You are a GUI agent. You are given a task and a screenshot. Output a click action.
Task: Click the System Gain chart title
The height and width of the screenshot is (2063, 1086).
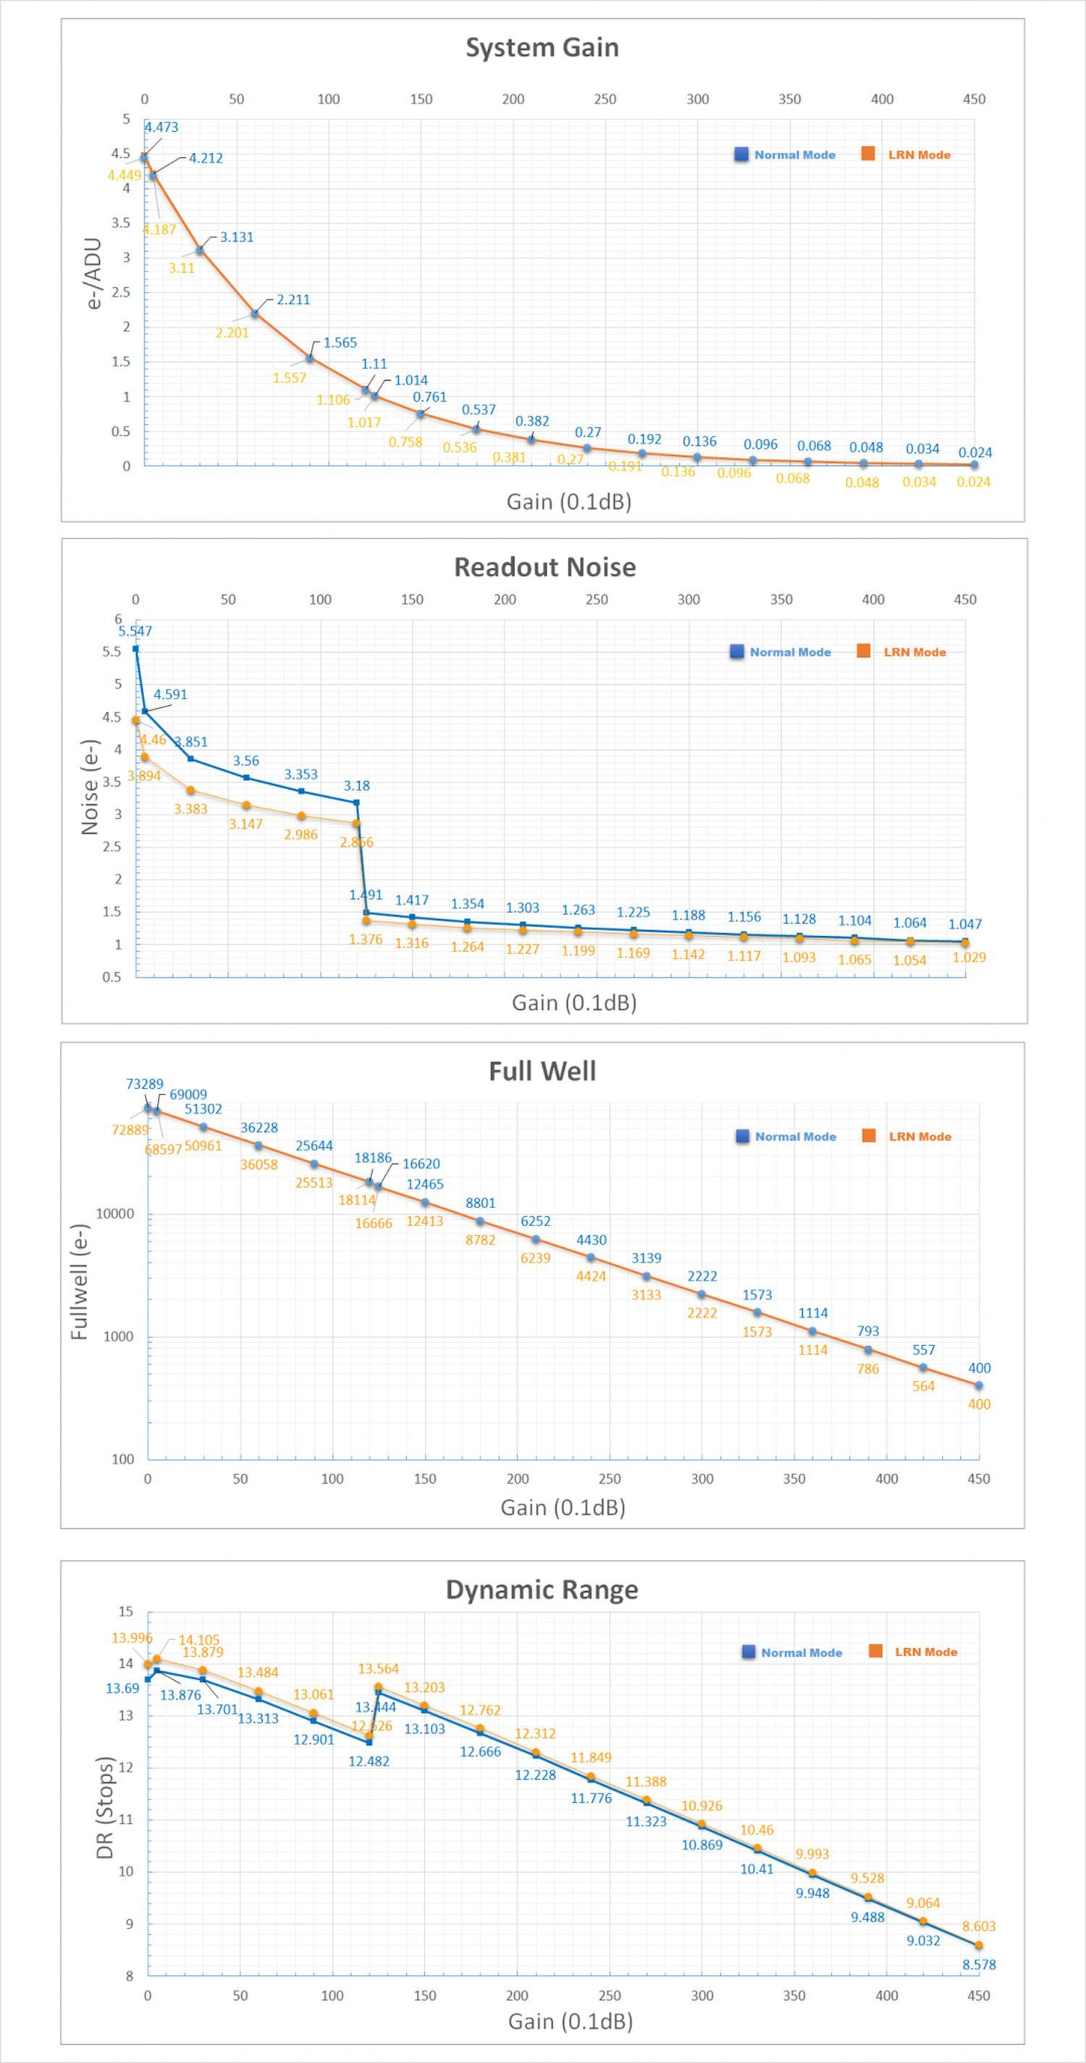(542, 47)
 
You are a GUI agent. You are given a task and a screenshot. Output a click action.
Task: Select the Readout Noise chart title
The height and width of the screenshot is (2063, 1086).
(544, 567)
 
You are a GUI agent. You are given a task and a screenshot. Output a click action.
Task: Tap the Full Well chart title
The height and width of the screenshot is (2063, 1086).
(542, 1071)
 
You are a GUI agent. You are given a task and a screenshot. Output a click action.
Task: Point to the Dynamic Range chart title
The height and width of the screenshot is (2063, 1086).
(542, 1589)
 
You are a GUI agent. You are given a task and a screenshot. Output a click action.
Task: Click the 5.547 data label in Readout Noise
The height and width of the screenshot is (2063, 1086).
(135, 631)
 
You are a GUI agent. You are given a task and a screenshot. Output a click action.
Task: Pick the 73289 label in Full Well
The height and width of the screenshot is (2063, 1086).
(144, 1084)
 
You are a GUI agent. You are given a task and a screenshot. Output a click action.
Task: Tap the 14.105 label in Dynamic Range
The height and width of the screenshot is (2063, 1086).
(198, 1640)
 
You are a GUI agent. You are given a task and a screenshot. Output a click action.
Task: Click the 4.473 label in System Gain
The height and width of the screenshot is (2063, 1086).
(161, 127)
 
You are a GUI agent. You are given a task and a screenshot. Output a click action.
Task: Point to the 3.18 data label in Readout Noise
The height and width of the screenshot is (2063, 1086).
(356, 785)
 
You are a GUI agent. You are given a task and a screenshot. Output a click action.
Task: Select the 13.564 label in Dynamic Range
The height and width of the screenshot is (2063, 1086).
(378, 1668)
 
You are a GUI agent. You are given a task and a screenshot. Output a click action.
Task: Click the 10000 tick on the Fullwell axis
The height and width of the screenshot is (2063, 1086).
(115, 1213)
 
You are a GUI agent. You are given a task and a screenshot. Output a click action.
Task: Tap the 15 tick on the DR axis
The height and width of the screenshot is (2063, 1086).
(126, 1611)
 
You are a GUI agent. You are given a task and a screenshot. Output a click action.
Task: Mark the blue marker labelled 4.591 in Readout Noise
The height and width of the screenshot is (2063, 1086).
(145, 711)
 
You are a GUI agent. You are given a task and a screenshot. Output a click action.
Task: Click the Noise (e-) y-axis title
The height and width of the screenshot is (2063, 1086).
(90, 788)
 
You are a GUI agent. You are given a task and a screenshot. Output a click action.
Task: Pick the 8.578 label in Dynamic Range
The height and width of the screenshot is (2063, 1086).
(979, 1964)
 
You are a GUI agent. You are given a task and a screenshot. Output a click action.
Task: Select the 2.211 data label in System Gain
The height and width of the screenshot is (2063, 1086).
(293, 300)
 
